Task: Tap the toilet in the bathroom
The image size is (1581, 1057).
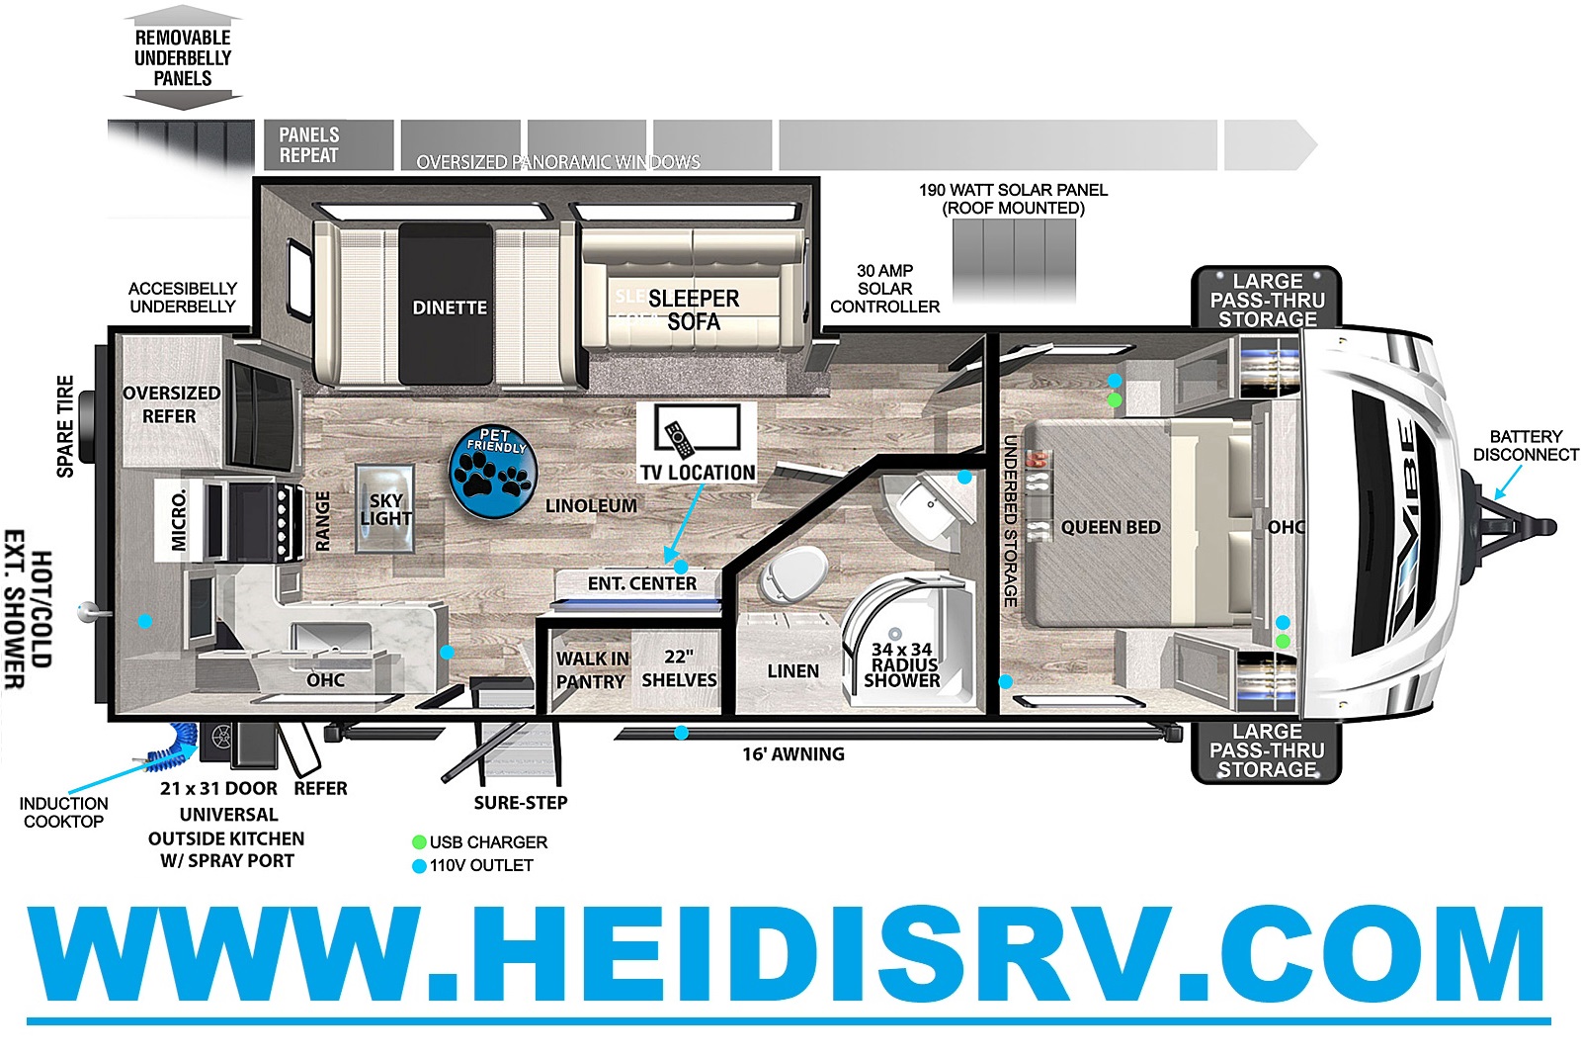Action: (794, 573)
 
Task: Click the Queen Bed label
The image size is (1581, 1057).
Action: (1111, 527)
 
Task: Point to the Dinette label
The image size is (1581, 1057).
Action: (450, 308)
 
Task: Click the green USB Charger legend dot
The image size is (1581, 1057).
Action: (419, 842)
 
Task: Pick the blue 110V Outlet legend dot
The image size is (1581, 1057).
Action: (419, 866)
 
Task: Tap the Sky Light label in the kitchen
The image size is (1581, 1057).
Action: (385, 509)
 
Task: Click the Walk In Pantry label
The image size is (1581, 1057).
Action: (591, 669)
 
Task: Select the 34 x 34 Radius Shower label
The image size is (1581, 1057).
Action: (901, 664)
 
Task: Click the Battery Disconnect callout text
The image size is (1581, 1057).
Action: (1525, 445)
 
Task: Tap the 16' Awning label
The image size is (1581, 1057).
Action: (793, 753)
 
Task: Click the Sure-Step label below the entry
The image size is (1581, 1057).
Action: (520, 802)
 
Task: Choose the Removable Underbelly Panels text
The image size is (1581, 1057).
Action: (183, 57)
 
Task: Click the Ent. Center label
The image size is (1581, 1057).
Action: (642, 583)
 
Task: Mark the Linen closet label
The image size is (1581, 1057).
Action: (792, 670)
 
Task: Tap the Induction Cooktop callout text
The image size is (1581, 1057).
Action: (64, 812)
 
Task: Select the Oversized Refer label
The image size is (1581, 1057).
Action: (171, 404)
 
